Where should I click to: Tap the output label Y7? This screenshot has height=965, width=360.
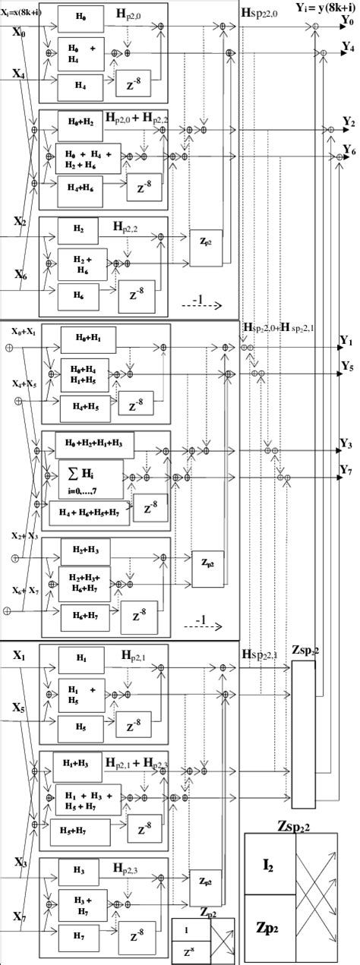click(x=348, y=471)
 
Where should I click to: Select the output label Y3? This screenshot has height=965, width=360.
click(x=348, y=443)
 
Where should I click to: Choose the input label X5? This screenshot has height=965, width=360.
click(x=21, y=708)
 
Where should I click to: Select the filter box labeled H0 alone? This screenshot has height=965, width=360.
click(x=81, y=14)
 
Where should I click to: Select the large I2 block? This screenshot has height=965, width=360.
click(x=269, y=864)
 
